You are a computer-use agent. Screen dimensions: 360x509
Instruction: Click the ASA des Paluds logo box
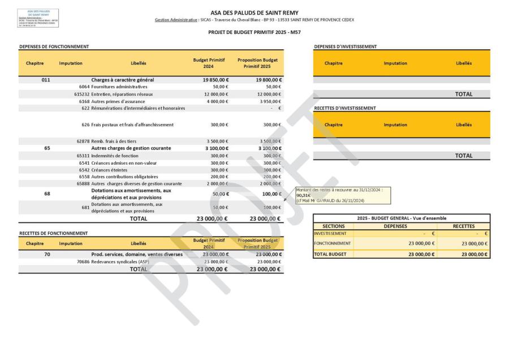tap(38, 18)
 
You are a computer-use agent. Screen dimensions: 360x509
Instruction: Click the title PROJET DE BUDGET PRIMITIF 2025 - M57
tap(254, 32)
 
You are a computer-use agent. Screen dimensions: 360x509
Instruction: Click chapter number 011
tap(47, 80)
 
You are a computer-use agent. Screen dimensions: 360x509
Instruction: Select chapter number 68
tap(47, 194)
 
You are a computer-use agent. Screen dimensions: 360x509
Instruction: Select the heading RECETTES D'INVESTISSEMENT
tap(345, 108)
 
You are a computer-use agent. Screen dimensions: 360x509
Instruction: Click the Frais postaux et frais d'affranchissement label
tap(132, 125)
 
